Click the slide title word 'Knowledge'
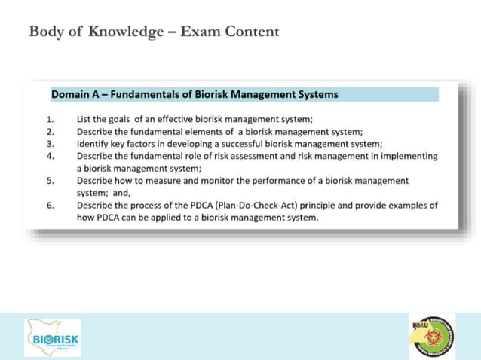(127, 32)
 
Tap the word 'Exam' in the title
(198, 32)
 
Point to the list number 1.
(50, 119)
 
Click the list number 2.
(50, 131)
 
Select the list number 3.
(50, 143)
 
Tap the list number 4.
(50, 156)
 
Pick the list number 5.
(50, 181)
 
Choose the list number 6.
(50, 205)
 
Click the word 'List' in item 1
(85, 119)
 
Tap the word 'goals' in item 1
(118, 119)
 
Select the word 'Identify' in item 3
(94, 143)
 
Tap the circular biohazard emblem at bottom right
(432, 336)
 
